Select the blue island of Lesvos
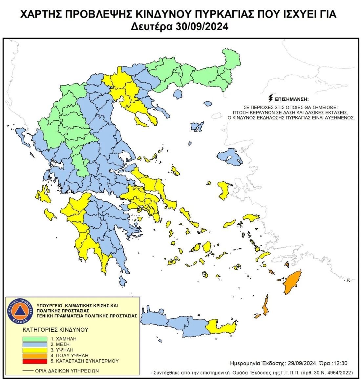point(229,157)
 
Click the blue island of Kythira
point(122,281)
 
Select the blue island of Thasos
point(178,95)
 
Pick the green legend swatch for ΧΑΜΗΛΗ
point(35,339)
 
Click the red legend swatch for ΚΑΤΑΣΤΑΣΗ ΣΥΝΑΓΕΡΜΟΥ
point(35,361)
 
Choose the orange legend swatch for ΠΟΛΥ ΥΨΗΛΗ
point(35,355)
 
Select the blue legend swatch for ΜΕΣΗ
point(35,344)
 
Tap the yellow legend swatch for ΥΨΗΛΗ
point(35,350)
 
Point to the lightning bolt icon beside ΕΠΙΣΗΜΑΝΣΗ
point(271,99)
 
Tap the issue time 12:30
point(339,363)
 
